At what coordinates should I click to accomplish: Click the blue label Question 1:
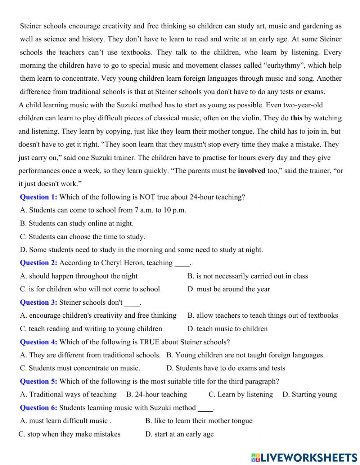(39, 197)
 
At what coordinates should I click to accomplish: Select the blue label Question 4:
(39, 342)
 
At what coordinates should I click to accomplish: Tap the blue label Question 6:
(39, 408)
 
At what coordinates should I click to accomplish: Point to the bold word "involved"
(251, 171)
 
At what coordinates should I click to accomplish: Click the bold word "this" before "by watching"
(296, 118)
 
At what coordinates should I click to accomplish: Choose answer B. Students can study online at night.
(77, 223)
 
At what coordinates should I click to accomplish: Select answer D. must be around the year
(229, 289)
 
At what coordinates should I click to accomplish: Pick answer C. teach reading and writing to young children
(91, 329)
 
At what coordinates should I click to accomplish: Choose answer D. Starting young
(310, 394)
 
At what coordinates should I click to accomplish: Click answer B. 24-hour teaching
(157, 394)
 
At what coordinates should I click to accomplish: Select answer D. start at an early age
(179, 434)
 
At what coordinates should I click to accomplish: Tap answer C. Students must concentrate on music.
(80, 368)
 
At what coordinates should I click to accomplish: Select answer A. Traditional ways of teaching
(68, 394)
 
